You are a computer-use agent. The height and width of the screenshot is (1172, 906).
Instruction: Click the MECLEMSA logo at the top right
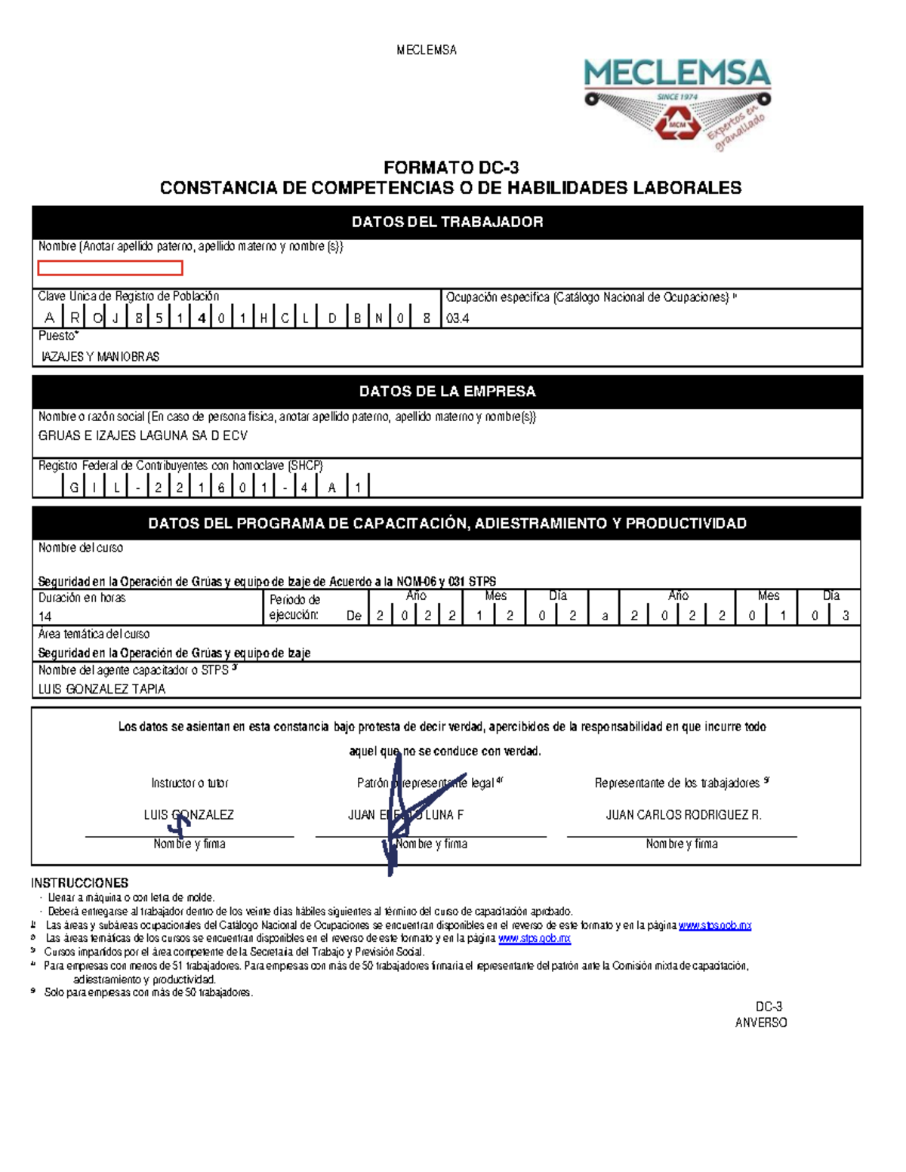[677, 102]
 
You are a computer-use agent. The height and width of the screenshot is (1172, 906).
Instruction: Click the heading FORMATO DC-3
[451, 168]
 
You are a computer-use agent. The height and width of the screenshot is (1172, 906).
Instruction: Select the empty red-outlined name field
[110, 268]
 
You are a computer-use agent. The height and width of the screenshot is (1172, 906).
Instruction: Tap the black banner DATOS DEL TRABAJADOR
[447, 222]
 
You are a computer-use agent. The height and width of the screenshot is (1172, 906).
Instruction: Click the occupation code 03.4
[458, 318]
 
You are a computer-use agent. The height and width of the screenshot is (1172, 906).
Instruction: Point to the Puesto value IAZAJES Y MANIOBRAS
[100, 356]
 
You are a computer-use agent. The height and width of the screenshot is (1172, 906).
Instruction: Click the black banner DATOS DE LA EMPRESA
[447, 391]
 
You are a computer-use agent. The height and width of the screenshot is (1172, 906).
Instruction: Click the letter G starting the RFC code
[74, 488]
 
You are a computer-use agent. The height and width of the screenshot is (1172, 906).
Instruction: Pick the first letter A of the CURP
[49, 318]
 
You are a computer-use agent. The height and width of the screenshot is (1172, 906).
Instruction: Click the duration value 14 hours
[45, 616]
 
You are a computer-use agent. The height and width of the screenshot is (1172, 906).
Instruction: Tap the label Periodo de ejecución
[294, 607]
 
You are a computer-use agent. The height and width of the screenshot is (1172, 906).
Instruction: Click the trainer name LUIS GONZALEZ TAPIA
[102, 688]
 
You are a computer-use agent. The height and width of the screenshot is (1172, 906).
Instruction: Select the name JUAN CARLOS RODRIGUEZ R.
[683, 814]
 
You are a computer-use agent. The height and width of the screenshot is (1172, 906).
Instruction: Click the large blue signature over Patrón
[393, 823]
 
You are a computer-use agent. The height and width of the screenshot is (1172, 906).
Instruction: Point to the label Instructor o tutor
[190, 783]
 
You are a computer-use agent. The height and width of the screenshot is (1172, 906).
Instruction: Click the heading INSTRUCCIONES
[79, 882]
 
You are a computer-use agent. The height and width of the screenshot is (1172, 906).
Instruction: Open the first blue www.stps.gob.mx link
[714, 924]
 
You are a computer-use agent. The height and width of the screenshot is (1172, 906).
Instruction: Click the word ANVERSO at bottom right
[761, 1023]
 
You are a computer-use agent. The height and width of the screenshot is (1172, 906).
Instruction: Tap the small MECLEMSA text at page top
[427, 50]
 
